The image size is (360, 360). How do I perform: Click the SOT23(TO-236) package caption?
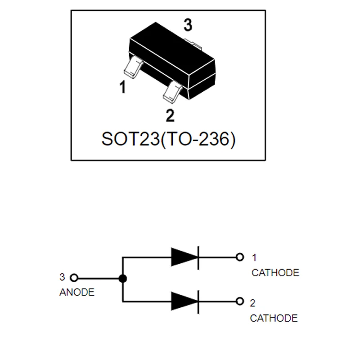pos(168,139)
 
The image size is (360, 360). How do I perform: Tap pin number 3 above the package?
pos(188,26)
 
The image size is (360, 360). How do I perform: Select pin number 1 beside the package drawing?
pos(122,87)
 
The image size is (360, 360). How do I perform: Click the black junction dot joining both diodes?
pos(122,279)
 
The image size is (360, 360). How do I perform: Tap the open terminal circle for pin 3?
pos(75,279)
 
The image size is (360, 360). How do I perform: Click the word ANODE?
pos(77,292)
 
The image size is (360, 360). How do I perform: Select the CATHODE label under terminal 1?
pos(275,272)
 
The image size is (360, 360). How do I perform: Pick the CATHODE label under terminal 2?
pos(274,318)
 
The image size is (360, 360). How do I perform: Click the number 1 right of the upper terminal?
pos(254,258)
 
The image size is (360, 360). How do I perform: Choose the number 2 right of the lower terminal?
pos(252,302)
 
